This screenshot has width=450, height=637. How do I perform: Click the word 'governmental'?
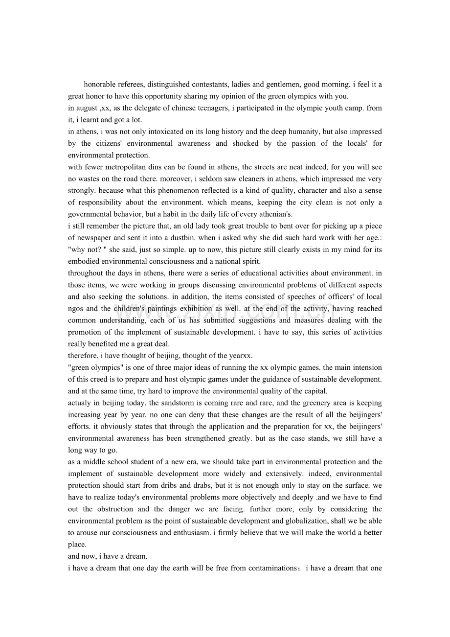pyautogui.click(x=91, y=214)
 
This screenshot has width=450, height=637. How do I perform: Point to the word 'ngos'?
pyautogui.click(x=76, y=309)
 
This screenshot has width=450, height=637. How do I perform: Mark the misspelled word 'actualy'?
pyautogui.click(x=79, y=403)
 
